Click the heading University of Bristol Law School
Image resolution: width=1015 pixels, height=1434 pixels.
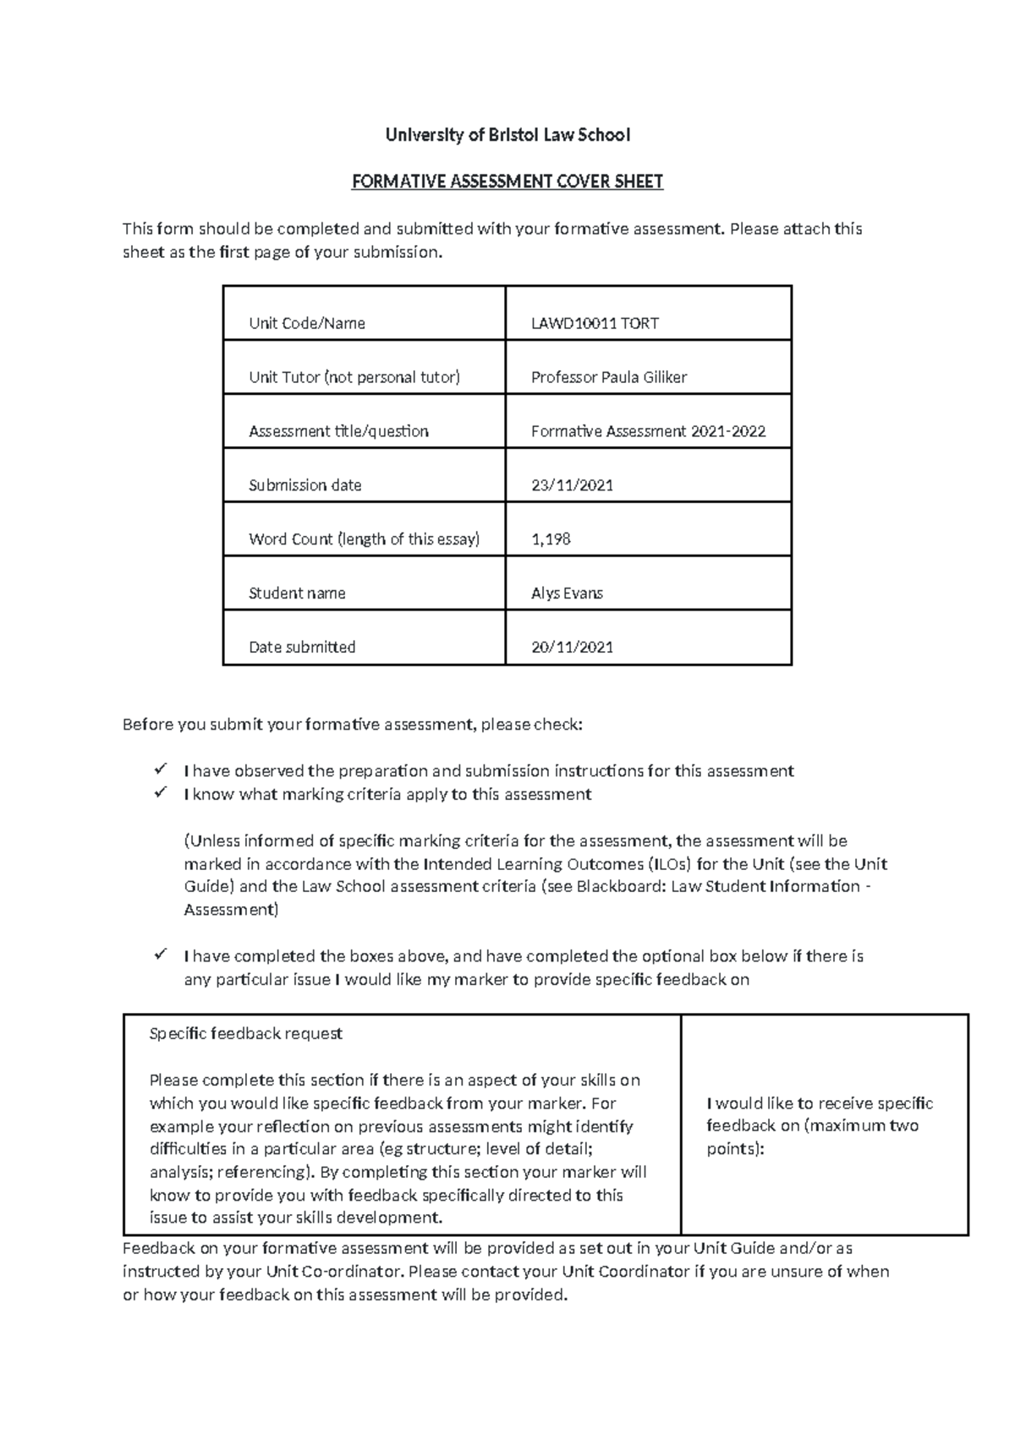(507, 135)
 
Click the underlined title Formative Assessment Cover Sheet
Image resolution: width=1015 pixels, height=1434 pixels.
(507, 182)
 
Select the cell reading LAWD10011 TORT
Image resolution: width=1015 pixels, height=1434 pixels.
(595, 323)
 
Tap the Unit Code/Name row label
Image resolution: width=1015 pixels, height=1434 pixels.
(307, 323)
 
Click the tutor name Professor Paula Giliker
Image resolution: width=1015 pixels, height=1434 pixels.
(608, 377)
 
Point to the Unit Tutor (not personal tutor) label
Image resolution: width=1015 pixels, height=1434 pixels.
(354, 377)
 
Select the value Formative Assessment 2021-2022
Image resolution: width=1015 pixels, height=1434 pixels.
(648, 431)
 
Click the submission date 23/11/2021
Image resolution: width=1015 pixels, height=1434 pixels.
(572, 485)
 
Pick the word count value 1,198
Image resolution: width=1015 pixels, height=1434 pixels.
(551, 539)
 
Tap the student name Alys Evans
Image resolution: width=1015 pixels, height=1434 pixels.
(567, 594)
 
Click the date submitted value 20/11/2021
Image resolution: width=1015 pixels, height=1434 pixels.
(572, 648)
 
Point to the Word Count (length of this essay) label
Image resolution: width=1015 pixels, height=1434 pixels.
(364, 539)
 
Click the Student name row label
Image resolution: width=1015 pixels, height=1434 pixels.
(297, 594)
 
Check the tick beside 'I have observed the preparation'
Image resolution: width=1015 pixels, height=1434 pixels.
(160, 769)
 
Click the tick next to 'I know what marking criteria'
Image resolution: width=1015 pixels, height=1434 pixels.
(160, 793)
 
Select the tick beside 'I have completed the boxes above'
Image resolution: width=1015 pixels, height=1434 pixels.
(160, 955)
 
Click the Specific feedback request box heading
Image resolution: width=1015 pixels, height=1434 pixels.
(245, 1033)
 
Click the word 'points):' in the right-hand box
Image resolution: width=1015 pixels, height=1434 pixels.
(735, 1149)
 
